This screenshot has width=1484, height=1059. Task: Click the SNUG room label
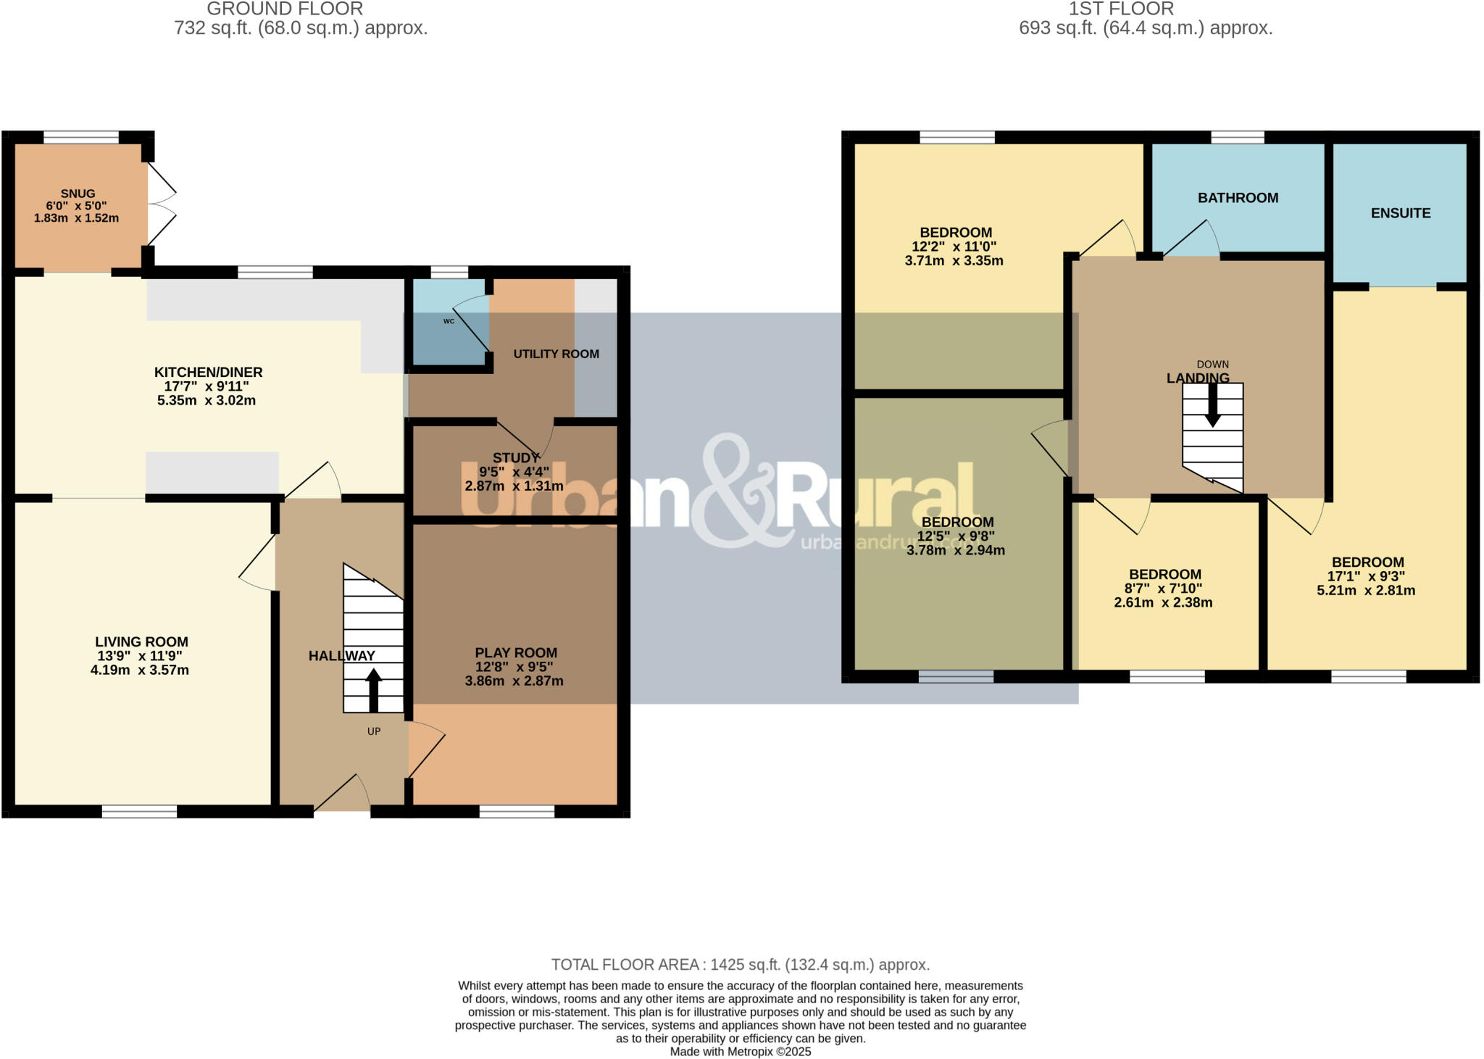(x=78, y=194)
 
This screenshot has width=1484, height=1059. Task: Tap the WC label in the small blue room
(x=449, y=321)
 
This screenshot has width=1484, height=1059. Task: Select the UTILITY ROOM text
(x=556, y=354)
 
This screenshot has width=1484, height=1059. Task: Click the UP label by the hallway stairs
(x=373, y=731)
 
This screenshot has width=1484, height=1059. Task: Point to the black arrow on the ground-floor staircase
(x=373, y=689)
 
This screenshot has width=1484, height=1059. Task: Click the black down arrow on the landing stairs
(x=1212, y=404)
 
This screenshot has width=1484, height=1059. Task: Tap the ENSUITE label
(x=1400, y=213)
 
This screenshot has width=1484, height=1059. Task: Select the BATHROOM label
(x=1238, y=198)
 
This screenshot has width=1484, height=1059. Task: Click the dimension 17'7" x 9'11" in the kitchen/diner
(x=207, y=386)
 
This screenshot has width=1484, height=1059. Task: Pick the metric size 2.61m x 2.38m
(x=1162, y=602)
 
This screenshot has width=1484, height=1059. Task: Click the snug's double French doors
(x=161, y=204)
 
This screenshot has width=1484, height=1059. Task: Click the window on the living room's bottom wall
(x=139, y=811)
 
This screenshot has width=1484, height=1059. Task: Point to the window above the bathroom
(x=1237, y=137)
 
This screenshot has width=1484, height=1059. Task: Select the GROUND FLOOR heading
(x=285, y=9)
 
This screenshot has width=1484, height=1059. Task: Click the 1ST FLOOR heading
(x=1120, y=9)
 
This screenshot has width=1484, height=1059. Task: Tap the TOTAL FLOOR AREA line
(x=740, y=965)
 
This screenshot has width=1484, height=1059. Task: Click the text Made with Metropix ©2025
(x=740, y=1052)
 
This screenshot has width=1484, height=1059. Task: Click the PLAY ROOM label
(x=515, y=653)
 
